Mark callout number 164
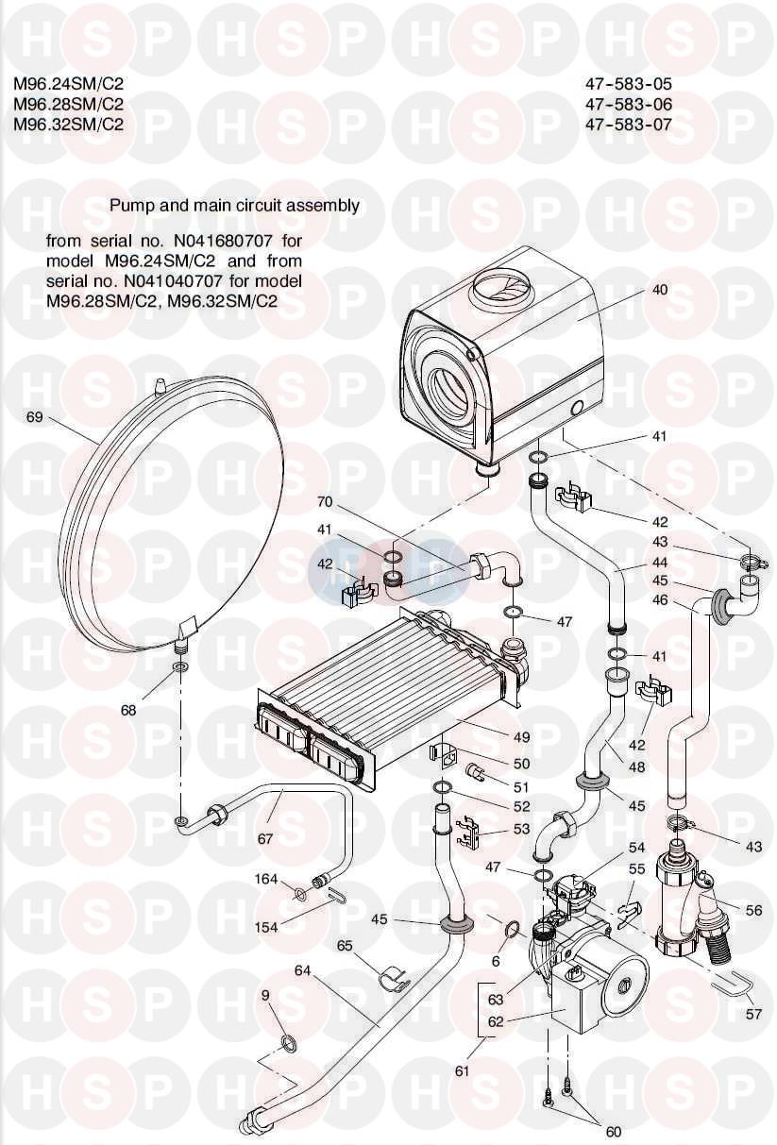(x=265, y=880)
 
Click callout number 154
(x=266, y=927)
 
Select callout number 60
(x=614, y=1132)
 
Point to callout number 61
(x=462, y=1070)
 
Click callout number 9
(x=265, y=995)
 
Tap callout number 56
(x=752, y=911)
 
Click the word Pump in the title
(x=130, y=205)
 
